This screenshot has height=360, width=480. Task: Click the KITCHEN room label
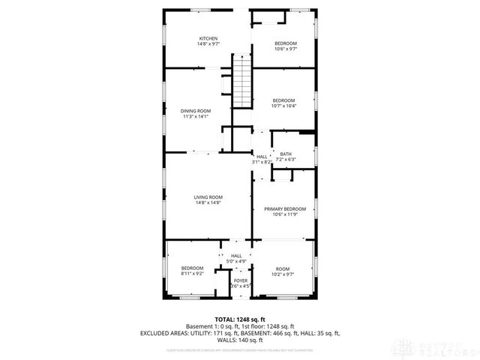[208, 38]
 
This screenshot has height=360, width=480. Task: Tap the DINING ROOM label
[195, 111]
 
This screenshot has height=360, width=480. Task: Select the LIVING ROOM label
[208, 197]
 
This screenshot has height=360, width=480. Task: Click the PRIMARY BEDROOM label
[284, 208]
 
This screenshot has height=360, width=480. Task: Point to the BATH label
[286, 154]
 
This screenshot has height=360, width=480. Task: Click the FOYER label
[240, 280]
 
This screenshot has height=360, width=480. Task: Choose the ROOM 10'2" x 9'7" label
[283, 268]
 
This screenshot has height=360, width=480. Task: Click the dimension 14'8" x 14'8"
[208, 202]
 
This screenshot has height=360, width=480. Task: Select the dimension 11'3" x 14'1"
[195, 116]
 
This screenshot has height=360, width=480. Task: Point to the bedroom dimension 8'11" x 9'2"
[193, 274]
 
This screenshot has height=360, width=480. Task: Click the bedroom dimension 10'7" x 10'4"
[284, 106]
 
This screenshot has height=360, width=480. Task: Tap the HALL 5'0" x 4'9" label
[236, 256]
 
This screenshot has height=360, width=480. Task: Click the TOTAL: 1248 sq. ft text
[240, 319]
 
